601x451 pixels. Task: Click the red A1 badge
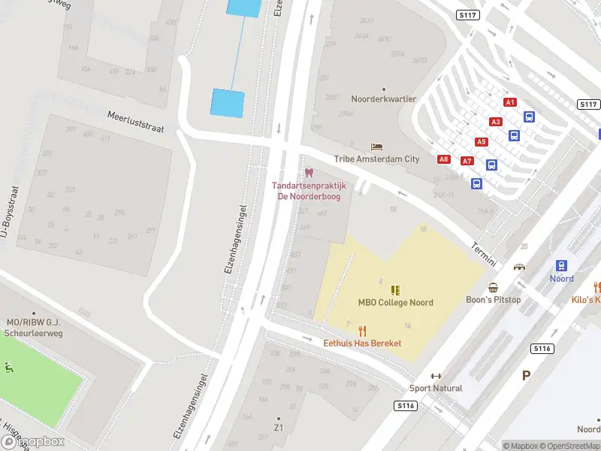click(510, 102)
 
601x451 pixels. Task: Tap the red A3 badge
click(495, 122)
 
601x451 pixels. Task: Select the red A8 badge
click(444, 159)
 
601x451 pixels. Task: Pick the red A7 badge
click(467, 161)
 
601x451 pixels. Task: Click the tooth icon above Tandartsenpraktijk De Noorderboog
click(309, 173)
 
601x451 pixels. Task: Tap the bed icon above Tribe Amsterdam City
click(376, 147)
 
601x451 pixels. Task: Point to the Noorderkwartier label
click(384, 99)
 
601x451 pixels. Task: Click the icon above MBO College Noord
click(395, 289)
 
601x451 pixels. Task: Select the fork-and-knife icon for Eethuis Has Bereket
click(362, 331)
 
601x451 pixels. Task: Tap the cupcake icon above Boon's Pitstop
click(494, 287)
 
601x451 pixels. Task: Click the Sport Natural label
click(436, 388)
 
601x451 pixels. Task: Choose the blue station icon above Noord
click(561, 265)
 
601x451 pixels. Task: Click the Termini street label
click(485, 255)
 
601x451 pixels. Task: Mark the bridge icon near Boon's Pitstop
click(519, 267)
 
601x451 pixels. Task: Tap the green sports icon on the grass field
click(9, 368)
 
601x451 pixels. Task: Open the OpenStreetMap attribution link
click(570, 446)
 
